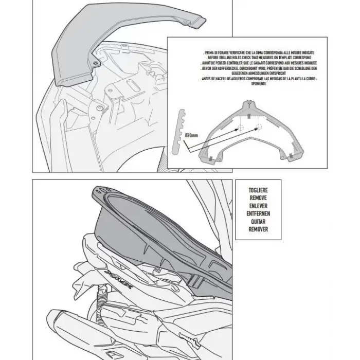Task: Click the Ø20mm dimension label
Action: [191, 135]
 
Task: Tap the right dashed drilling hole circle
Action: [259, 128]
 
